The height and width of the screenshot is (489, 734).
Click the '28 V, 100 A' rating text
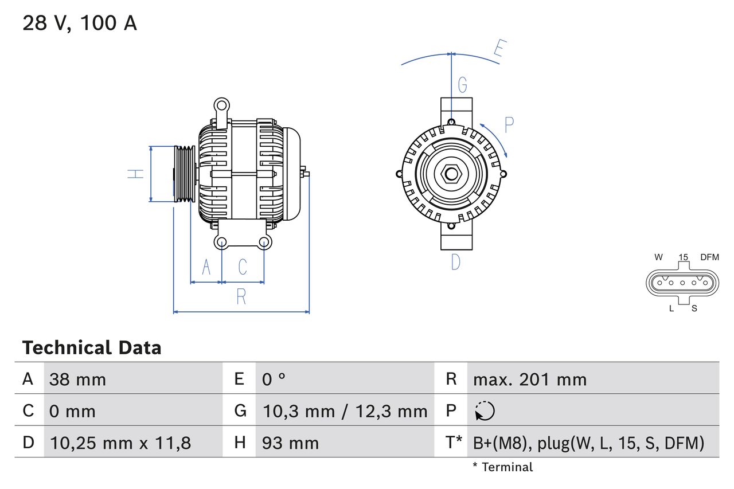coord(80,24)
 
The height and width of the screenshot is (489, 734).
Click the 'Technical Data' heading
coord(92,348)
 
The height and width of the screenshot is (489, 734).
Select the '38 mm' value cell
coord(77,380)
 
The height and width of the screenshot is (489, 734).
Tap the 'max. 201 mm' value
coord(529,380)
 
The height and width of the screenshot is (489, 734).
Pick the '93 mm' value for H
coord(290,443)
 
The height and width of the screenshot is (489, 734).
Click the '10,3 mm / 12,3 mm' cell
coord(345,411)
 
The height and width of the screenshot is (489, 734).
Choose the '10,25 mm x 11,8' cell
coord(120,443)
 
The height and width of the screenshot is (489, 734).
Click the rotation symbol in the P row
coord(485,411)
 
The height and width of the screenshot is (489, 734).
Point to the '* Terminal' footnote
coord(502,467)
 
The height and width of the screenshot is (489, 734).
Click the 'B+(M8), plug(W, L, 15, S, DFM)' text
coord(588,443)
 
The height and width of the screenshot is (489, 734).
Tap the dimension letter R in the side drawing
coord(241,297)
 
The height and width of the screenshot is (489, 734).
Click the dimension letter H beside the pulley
coord(136,174)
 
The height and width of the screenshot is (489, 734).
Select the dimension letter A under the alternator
coord(206,267)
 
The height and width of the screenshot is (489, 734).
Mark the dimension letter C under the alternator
coord(243,267)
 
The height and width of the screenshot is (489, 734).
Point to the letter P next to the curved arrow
coord(509,124)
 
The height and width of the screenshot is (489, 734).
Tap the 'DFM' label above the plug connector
coord(709,257)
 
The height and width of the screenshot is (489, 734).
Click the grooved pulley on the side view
coord(185,174)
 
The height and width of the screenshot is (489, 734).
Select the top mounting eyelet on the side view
coord(221,105)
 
